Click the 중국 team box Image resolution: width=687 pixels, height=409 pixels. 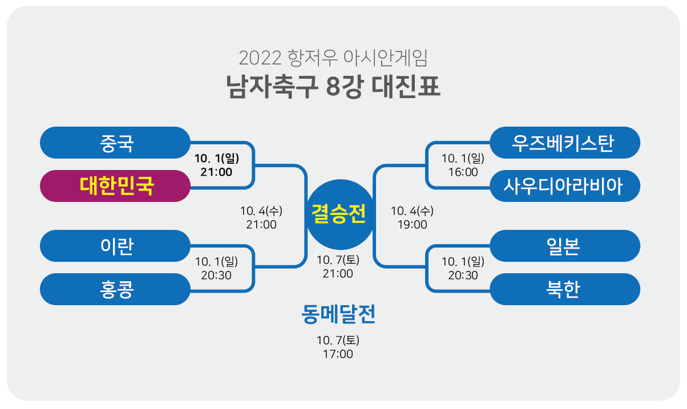click(x=115, y=143)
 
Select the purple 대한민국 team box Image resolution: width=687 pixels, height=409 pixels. click(x=115, y=186)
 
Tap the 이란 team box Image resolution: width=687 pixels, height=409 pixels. click(x=115, y=246)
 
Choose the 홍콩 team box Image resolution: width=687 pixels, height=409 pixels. click(x=115, y=289)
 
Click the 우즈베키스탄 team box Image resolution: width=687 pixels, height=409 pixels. click(x=565, y=143)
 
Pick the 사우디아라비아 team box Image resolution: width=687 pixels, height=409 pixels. click(x=565, y=186)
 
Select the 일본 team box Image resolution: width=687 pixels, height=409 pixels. click(x=565, y=246)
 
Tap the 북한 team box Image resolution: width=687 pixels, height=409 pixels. click(x=565, y=289)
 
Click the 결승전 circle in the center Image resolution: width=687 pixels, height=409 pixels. click(x=340, y=214)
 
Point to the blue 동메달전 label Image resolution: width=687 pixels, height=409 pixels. click(x=338, y=315)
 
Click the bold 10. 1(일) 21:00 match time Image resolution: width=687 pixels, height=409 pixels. click(x=216, y=165)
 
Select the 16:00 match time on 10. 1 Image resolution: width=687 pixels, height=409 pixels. click(x=463, y=165)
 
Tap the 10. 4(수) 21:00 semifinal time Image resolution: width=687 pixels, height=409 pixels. click(x=261, y=218)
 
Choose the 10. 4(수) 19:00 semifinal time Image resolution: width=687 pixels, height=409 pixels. click(x=412, y=218)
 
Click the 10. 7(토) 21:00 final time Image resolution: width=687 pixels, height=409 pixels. click(x=338, y=267)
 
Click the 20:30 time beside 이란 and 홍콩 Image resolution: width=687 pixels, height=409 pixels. click(x=216, y=268)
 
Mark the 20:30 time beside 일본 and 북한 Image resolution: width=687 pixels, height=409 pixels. click(x=463, y=268)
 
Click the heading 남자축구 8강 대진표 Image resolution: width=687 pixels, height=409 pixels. click(x=334, y=88)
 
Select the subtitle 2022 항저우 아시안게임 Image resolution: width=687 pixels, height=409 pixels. click(x=334, y=58)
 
